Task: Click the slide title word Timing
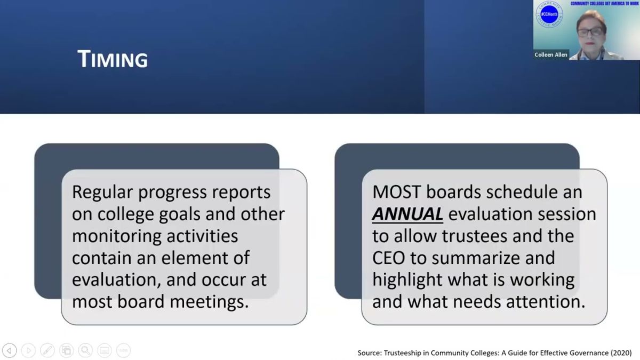click(x=113, y=59)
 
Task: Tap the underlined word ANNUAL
click(x=407, y=214)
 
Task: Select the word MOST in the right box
click(x=397, y=191)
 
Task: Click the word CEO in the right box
click(x=389, y=258)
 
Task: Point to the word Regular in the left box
click(x=102, y=193)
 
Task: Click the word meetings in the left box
click(x=209, y=302)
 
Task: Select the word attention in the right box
click(x=546, y=302)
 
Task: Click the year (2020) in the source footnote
click(x=621, y=353)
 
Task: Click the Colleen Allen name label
click(x=550, y=54)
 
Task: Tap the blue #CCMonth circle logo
click(x=549, y=14)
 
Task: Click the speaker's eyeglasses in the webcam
click(x=590, y=31)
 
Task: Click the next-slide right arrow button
click(x=28, y=350)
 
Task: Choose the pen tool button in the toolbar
click(x=47, y=350)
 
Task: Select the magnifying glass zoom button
click(x=85, y=350)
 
